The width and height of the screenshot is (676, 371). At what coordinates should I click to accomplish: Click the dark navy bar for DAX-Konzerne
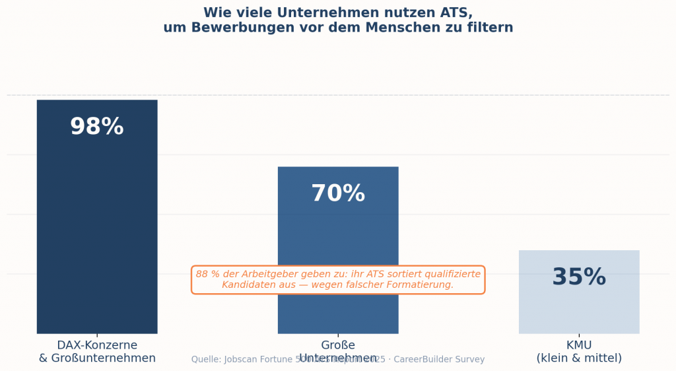(97, 224)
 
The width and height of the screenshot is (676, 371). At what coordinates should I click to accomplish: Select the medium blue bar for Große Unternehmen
(337, 224)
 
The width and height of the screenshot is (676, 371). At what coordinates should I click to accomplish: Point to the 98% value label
(97, 127)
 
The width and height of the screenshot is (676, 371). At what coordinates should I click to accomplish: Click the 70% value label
(337, 193)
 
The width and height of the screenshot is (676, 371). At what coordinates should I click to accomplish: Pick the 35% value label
(579, 277)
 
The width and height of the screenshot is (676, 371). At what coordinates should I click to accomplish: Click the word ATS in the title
(456, 13)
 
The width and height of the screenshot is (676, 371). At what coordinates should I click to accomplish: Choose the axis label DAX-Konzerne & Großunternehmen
(97, 351)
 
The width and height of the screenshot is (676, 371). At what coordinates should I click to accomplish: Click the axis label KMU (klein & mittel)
(579, 351)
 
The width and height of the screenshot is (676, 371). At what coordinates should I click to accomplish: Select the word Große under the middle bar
(337, 345)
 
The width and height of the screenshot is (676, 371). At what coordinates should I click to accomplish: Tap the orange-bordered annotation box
(338, 280)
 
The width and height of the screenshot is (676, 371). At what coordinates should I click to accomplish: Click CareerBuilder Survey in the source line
(439, 360)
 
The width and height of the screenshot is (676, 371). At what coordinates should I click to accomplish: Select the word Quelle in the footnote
(206, 360)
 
